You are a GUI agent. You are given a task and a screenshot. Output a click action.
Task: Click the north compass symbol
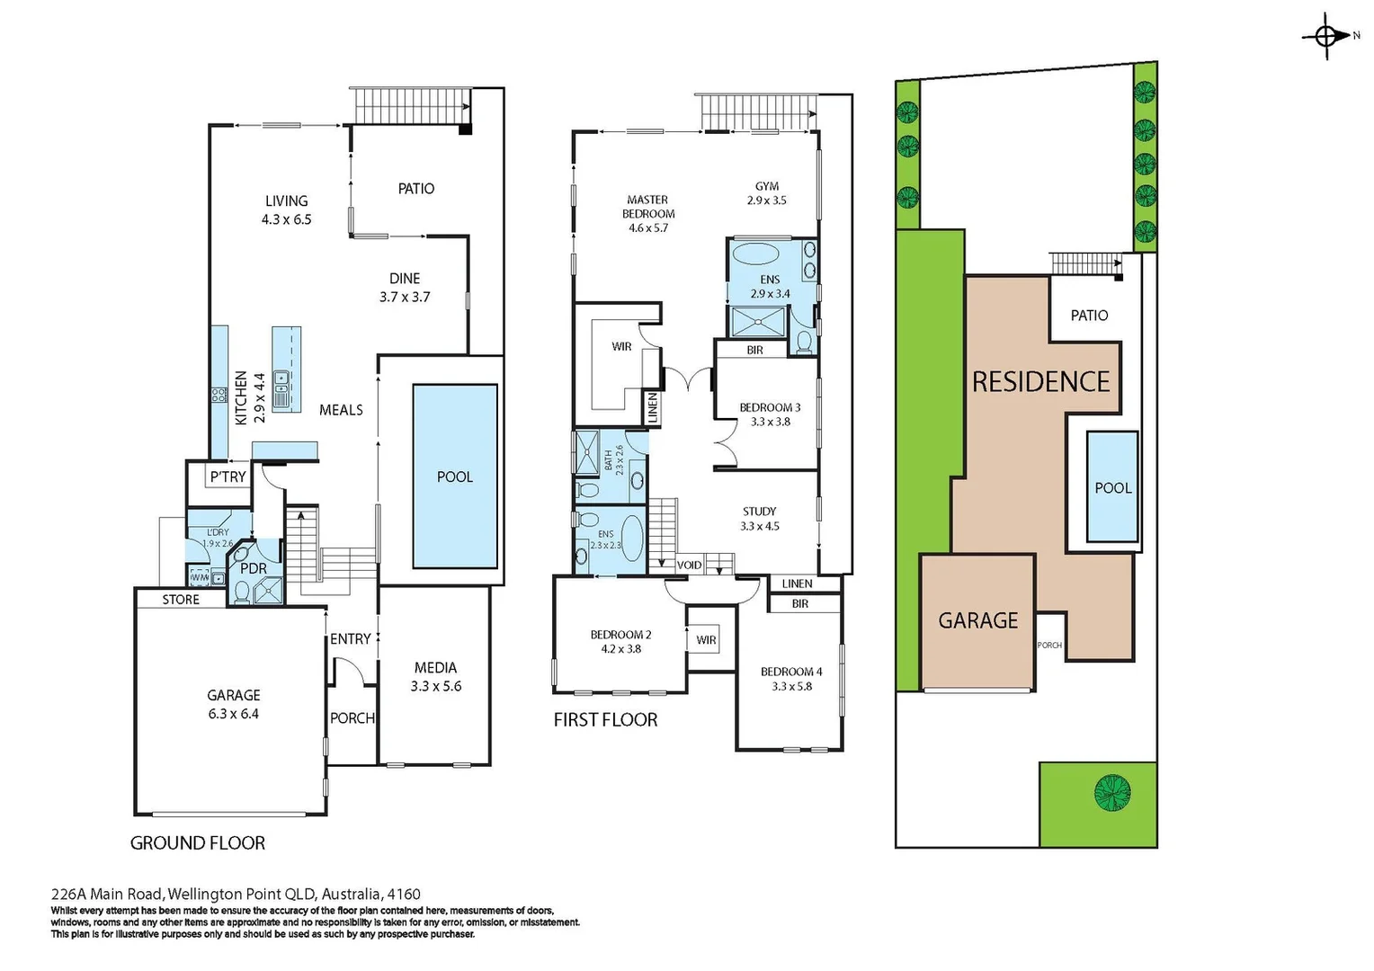click(1326, 36)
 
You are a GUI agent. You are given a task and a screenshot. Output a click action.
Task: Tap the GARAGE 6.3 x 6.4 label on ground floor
click(233, 704)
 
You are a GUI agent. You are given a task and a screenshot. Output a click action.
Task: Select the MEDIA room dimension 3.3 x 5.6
click(435, 686)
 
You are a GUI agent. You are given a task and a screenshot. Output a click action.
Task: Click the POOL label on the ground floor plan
click(454, 477)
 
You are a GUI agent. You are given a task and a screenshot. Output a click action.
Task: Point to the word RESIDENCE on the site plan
click(1040, 382)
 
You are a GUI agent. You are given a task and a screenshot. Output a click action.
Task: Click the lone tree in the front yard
click(1112, 793)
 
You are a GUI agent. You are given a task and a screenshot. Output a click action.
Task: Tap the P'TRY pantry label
click(228, 477)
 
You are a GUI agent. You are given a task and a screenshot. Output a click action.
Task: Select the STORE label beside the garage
click(181, 600)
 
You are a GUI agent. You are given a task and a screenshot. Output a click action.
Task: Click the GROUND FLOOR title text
click(198, 842)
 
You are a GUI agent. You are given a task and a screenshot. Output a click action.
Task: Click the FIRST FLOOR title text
click(605, 719)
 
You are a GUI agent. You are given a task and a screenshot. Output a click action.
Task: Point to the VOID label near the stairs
click(689, 566)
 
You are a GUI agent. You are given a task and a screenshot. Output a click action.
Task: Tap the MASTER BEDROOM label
click(648, 213)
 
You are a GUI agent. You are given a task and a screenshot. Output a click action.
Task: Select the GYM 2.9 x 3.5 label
click(766, 193)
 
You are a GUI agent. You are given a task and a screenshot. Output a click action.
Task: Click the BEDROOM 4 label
click(791, 672)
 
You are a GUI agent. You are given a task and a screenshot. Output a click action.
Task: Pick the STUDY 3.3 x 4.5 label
click(760, 519)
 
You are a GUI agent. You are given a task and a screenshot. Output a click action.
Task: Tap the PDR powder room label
click(254, 568)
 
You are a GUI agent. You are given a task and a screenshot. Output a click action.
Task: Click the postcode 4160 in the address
click(403, 894)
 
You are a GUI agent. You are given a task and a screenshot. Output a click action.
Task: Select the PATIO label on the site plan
click(1089, 316)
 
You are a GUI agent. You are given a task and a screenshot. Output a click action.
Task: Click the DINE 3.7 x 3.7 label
click(405, 288)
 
